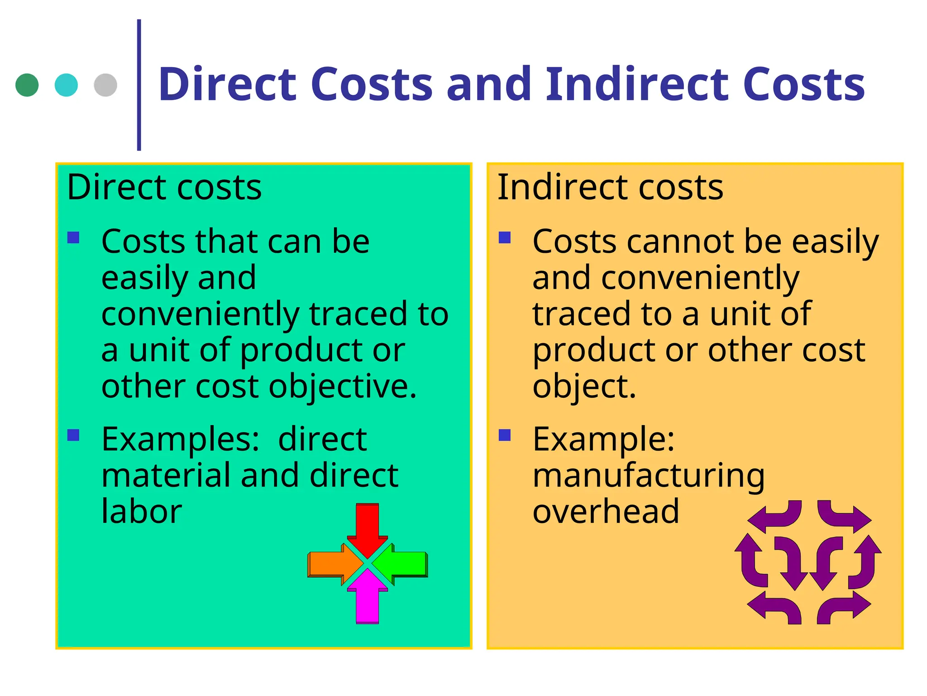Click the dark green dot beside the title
[x=27, y=85]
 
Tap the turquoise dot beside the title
[x=66, y=85]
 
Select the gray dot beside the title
[x=105, y=85]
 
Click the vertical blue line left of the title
[x=139, y=85]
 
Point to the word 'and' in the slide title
[x=489, y=84]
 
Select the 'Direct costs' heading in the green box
[x=164, y=187]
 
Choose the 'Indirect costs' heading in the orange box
[x=610, y=187]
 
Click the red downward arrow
[x=367, y=526]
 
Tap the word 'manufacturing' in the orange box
[x=649, y=476]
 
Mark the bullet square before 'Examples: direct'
[x=73, y=435]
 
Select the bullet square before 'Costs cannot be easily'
[x=505, y=237]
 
